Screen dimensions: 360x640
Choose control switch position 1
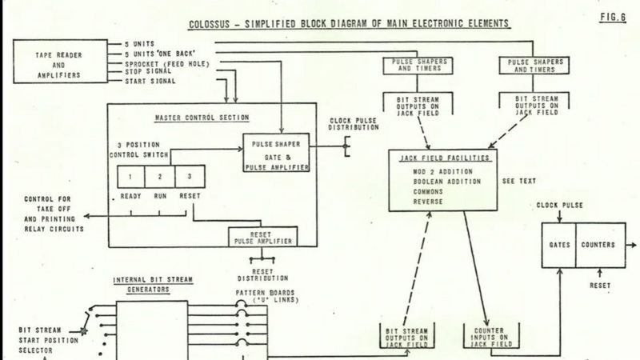coord(130,175)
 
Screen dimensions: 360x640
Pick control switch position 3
coord(189,175)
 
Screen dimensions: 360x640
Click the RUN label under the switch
coord(159,195)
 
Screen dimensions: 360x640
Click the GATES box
coord(558,244)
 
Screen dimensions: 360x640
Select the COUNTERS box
coord(598,244)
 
